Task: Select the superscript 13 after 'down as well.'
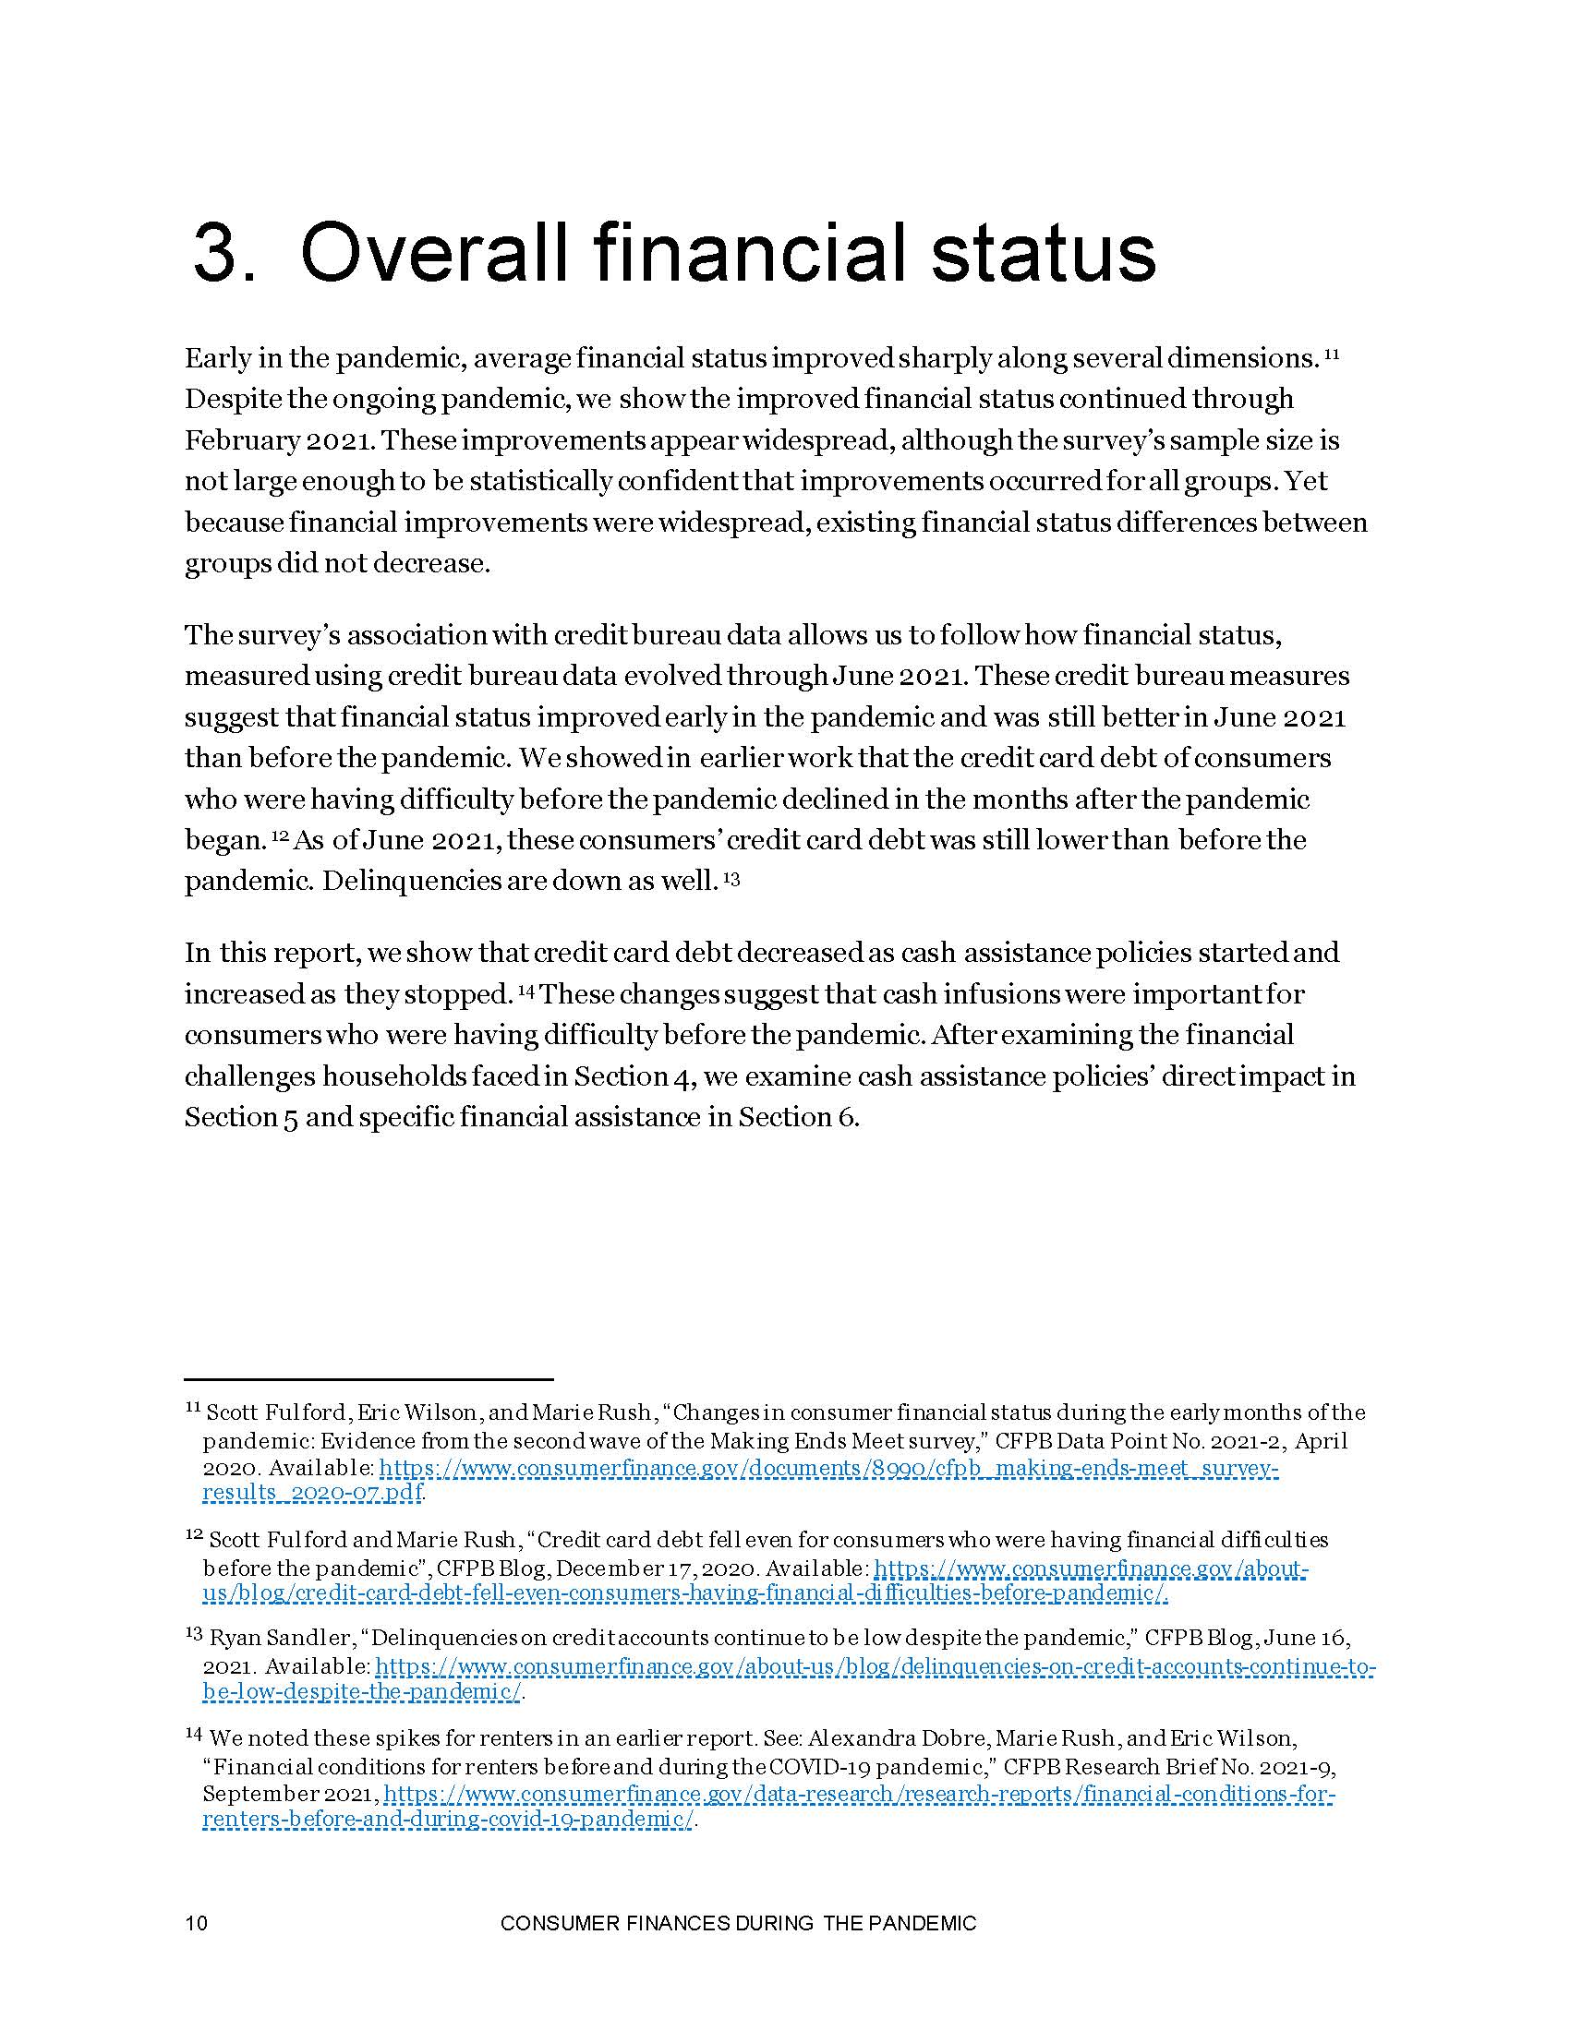click(731, 877)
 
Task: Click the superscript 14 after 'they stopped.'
click(525, 991)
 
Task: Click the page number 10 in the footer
click(196, 1923)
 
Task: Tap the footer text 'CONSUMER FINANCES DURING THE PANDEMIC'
click(739, 1923)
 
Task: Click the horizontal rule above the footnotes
click(369, 1379)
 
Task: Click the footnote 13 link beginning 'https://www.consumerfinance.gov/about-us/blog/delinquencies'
click(875, 1666)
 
